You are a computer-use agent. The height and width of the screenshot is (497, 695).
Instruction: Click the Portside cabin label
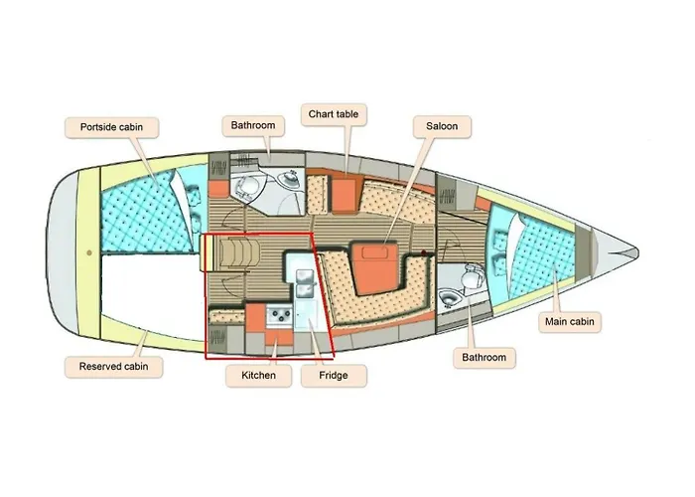[111, 127]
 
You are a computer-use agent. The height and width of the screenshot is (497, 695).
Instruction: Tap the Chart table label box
[334, 114]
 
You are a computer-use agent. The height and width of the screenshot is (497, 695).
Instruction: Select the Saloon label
[442, 126]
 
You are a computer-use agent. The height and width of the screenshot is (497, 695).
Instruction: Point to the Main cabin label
[570, 322]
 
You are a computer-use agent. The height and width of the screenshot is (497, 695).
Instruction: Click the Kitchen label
[258, 376]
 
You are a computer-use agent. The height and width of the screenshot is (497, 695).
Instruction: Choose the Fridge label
[334, 376]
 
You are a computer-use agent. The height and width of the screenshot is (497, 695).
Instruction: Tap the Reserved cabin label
[113, 367]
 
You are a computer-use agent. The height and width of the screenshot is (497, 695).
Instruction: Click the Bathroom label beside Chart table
[253, 125]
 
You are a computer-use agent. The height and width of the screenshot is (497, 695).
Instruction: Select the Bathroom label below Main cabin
[485, 358]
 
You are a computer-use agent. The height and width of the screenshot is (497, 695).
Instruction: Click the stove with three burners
[279, 315]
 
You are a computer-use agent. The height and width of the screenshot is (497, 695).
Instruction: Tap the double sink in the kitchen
[305, 284]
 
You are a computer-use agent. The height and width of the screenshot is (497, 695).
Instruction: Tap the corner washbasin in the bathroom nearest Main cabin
[449, 299]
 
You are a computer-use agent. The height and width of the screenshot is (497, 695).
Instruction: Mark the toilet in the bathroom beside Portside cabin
[244, 188]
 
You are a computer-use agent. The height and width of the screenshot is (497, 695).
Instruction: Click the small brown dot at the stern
[89, 252]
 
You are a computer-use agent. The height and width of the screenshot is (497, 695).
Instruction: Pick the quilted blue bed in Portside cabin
[146, 213]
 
